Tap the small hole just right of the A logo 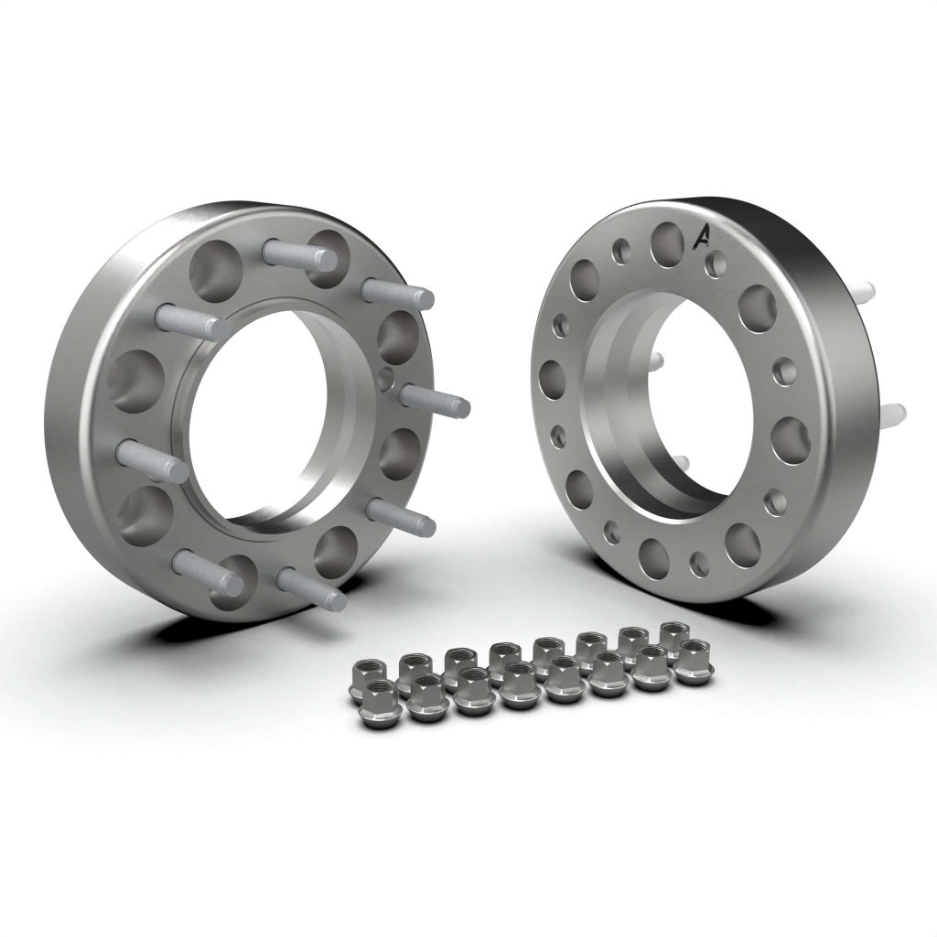tap(718, 264)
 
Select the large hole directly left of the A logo tap(667, 240)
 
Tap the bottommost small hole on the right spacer tap(700, 560)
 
